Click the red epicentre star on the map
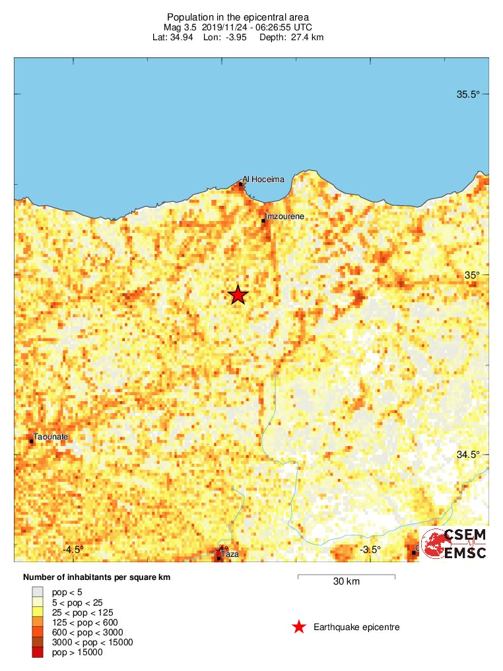click(238, 295)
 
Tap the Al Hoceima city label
click(263, 179)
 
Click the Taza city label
click(230, 554)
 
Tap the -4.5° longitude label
click(73, 550)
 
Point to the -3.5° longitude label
click(370, 550)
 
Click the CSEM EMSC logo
click(454, 544)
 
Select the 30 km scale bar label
click(346, 582)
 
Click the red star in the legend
click(299, 627)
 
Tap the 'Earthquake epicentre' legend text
click(356, 627)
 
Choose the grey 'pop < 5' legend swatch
click(38, 592)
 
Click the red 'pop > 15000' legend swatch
click(38, 653)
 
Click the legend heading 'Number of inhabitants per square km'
click(96, 577)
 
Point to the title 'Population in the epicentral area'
click(238, 16)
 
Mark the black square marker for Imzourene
click(263, 220)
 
